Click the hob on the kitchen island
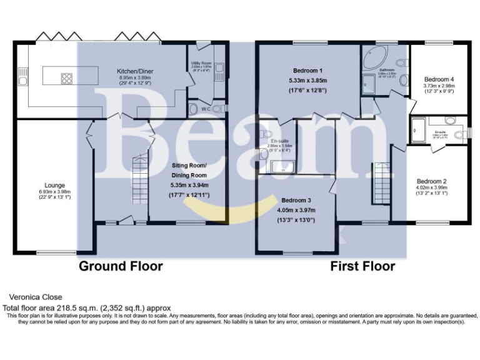coord(66,78)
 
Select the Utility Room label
coord(201,64)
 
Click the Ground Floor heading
coord(120,266)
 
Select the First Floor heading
coord(362,266)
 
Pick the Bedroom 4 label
coord(439,79)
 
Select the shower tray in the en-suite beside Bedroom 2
coord(417,130)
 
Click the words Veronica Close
coord(35,297)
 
